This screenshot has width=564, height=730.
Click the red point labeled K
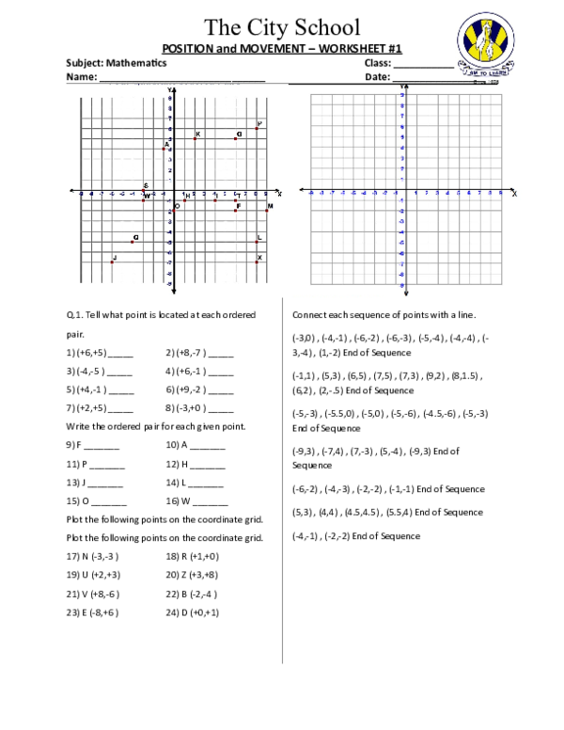pyautogui.click(x=195, y=138)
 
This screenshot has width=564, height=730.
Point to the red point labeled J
pyautogui.click(x=112, y=262)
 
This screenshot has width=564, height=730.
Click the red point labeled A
pyautogui.click(x=164, y=149)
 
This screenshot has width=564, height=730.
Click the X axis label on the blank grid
pyautogui.click(x=514, y=194)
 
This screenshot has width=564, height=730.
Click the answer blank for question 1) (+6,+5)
pyautogui.click(x=121, y=354)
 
